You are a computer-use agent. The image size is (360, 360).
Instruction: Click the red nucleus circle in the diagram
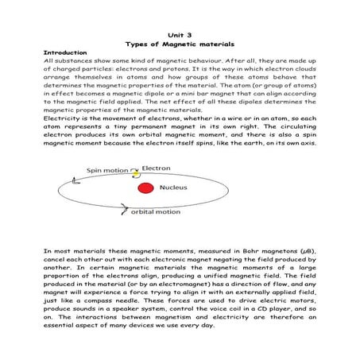tap(145, 188)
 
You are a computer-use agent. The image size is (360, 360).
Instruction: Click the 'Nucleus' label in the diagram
tap(174, 188)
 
